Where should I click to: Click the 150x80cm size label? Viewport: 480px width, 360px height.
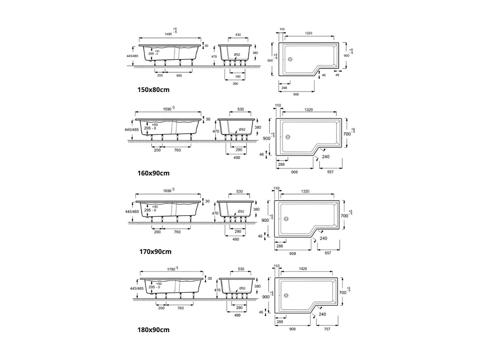point(153,89)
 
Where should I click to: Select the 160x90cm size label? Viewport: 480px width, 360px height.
point(153,173)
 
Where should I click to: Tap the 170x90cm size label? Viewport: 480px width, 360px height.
point(155,251)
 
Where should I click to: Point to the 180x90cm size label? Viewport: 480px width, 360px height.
point(153,330)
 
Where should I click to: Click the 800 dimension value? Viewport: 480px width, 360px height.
point(270,60)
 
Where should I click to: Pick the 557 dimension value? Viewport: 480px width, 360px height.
point(331,171)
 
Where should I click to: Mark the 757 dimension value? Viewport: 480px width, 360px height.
point(327,329)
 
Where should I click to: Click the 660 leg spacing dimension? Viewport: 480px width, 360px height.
point(179,75)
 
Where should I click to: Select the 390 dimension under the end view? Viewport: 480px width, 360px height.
point(235,84)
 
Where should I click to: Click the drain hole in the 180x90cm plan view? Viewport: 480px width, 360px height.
point(286,296)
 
